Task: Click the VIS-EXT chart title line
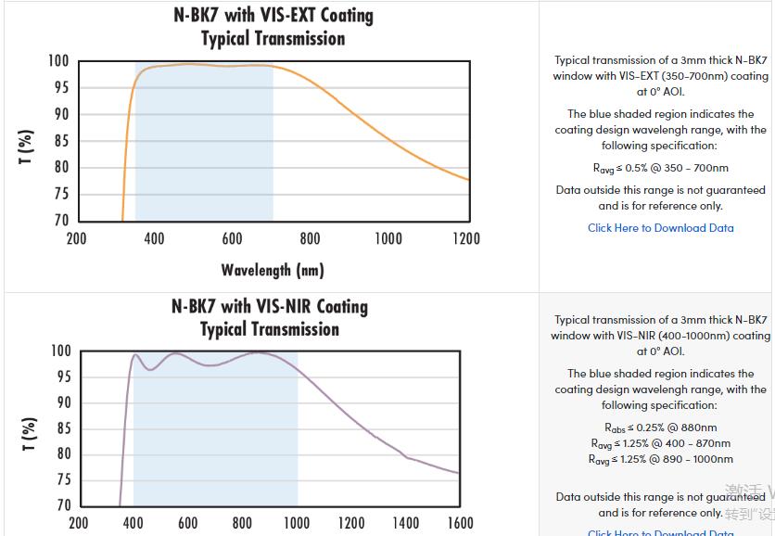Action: click(x=273, y=16)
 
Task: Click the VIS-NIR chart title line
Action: click(x=269, y=307)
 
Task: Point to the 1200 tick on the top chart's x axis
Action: click(x=466, y=239)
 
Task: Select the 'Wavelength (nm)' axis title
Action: click(x=273, y=271)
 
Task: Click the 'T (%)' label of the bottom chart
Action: click(x=29, y=434)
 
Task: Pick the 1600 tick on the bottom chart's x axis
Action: click(x=460, y=524)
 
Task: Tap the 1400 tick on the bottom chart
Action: click(x=406, y=524)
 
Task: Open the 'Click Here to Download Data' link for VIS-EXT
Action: click(x=660, y=228)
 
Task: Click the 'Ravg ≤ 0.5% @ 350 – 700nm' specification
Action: click(x=660, y=168)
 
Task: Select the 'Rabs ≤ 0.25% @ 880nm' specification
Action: click(x=660, y=428)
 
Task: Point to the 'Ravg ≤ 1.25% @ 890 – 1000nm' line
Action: click(x=660, y=459)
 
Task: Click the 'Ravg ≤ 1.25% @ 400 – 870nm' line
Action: click(x=660, y=443)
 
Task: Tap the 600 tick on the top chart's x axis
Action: click(x=233, y=239)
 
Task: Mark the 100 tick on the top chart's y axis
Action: click(x=58, y=61)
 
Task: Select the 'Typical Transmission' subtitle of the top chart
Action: click(x=273, y=39)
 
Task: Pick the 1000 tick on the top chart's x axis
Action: click(x=388, y=239)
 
